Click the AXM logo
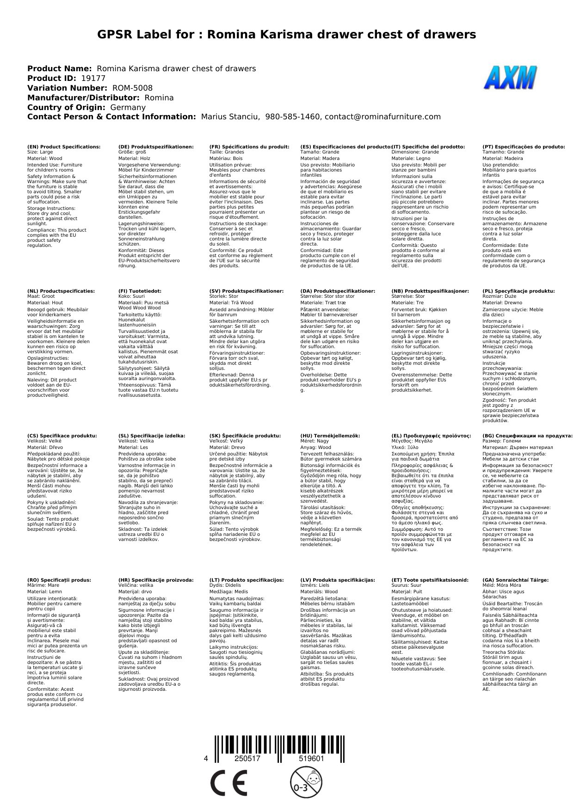(x=510, y=78)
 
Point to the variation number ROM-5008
(x=132, y=88)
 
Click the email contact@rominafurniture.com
(x=383, y=117)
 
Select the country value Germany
(x=128, y=107)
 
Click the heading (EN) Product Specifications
(x=64, y=147)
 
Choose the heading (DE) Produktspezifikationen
(x=156, y=147)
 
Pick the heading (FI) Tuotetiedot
(x=140, y=291)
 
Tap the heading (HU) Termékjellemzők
(x=330, y=436)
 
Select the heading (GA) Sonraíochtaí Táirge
(x=515, y=580)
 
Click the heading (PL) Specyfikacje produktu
(x=518, y=291)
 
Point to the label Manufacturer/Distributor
(x=83, y=98)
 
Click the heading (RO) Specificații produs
(x=59, y=580)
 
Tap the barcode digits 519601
(x=311, y=759)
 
